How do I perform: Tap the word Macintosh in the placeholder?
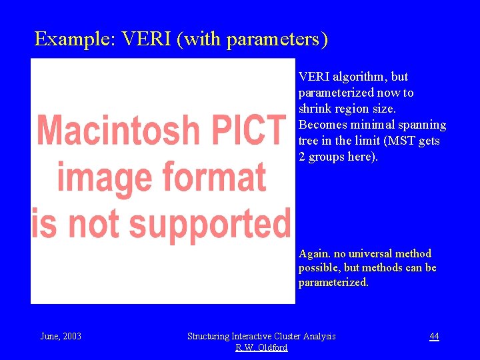(117, 131)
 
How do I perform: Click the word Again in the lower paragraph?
(314, 254)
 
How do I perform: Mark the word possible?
(319, 268)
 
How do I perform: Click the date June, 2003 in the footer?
(61, 336)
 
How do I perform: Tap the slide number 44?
(434, 336)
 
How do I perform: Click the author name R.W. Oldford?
(261, 347)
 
